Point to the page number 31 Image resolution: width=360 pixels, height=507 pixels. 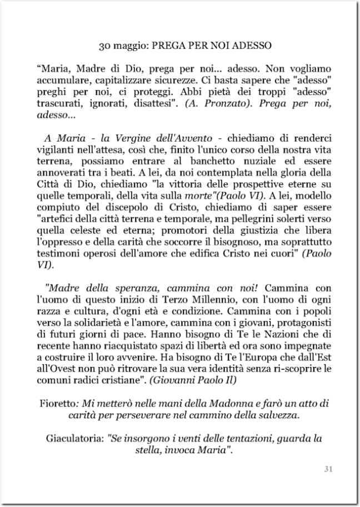click(328, 469)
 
